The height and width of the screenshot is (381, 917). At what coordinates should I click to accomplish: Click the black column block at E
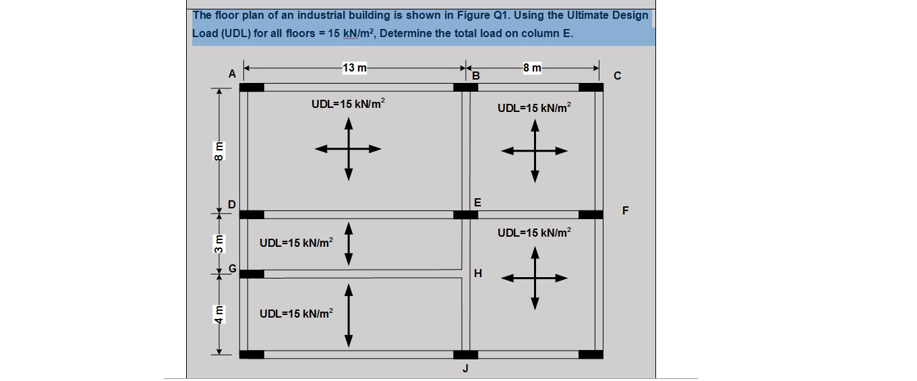[465, 214]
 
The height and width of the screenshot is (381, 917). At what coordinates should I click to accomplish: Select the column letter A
[231, 74]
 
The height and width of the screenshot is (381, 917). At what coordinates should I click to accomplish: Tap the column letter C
[617, 76]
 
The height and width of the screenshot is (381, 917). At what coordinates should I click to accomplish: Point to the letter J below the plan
[465, 369]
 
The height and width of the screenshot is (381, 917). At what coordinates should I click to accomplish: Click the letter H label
[478, 273]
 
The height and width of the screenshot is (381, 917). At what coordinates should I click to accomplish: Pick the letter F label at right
[625, 210]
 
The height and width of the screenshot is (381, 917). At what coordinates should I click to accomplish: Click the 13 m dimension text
[355, 67]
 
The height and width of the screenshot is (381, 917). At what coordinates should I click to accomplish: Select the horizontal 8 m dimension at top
[531, 67]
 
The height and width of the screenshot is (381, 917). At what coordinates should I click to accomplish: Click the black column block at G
[252, 274]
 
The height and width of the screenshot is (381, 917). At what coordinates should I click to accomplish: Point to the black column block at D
[252, 214]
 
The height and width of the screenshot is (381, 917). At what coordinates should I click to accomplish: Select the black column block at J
[465, 355]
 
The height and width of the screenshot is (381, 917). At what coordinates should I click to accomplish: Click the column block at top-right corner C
[591, 87]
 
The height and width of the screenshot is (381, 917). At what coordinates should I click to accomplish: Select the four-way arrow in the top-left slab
[349, 149]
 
